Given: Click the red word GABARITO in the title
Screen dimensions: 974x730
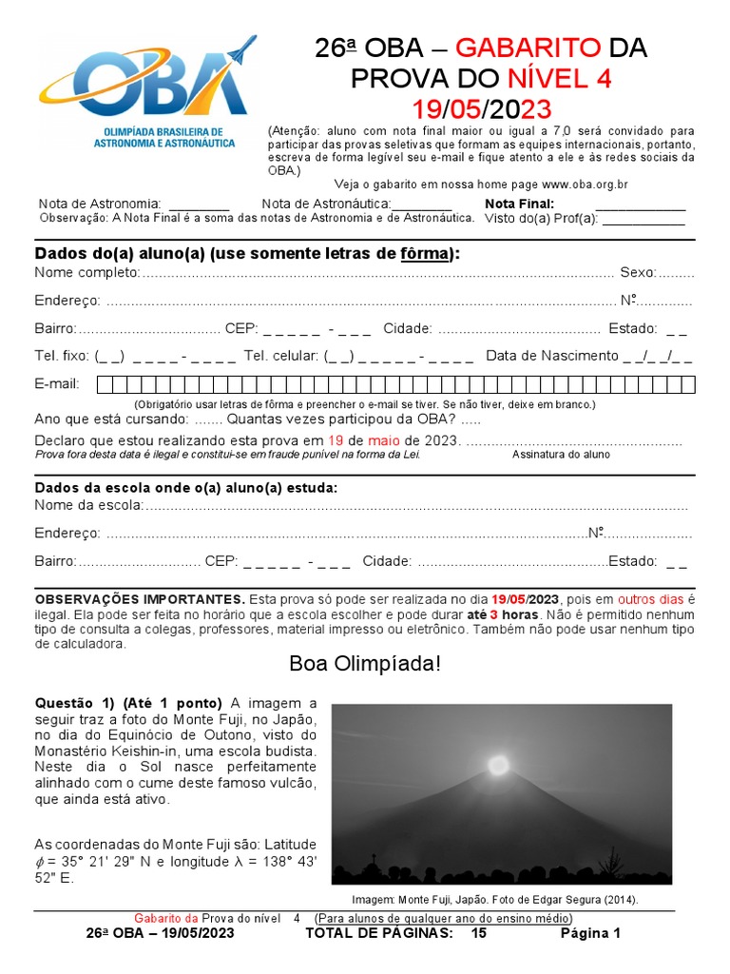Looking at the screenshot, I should (528, 49).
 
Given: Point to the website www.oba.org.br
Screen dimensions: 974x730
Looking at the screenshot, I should (585, 185).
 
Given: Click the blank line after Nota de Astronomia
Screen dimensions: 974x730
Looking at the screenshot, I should (199, 205).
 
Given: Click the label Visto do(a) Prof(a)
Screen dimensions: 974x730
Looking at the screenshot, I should (540, 218).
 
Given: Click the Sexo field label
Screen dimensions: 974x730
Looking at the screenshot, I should (638, 273).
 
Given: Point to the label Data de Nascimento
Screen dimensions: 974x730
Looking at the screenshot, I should (551, 356).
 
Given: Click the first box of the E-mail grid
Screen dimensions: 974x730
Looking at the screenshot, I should (106, 384).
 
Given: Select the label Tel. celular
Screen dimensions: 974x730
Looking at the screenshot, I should (280, 356).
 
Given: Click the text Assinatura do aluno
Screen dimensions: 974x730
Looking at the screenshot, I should (561, 455).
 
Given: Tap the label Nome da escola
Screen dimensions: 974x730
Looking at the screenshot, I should (88, 505).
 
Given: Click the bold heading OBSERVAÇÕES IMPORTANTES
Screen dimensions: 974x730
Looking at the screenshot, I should (140, 600).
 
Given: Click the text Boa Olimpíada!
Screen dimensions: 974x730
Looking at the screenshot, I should (365, 663).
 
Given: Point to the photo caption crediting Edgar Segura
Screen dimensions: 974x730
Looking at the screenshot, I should (494, 900).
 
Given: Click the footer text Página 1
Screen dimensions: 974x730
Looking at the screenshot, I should (589, 934).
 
